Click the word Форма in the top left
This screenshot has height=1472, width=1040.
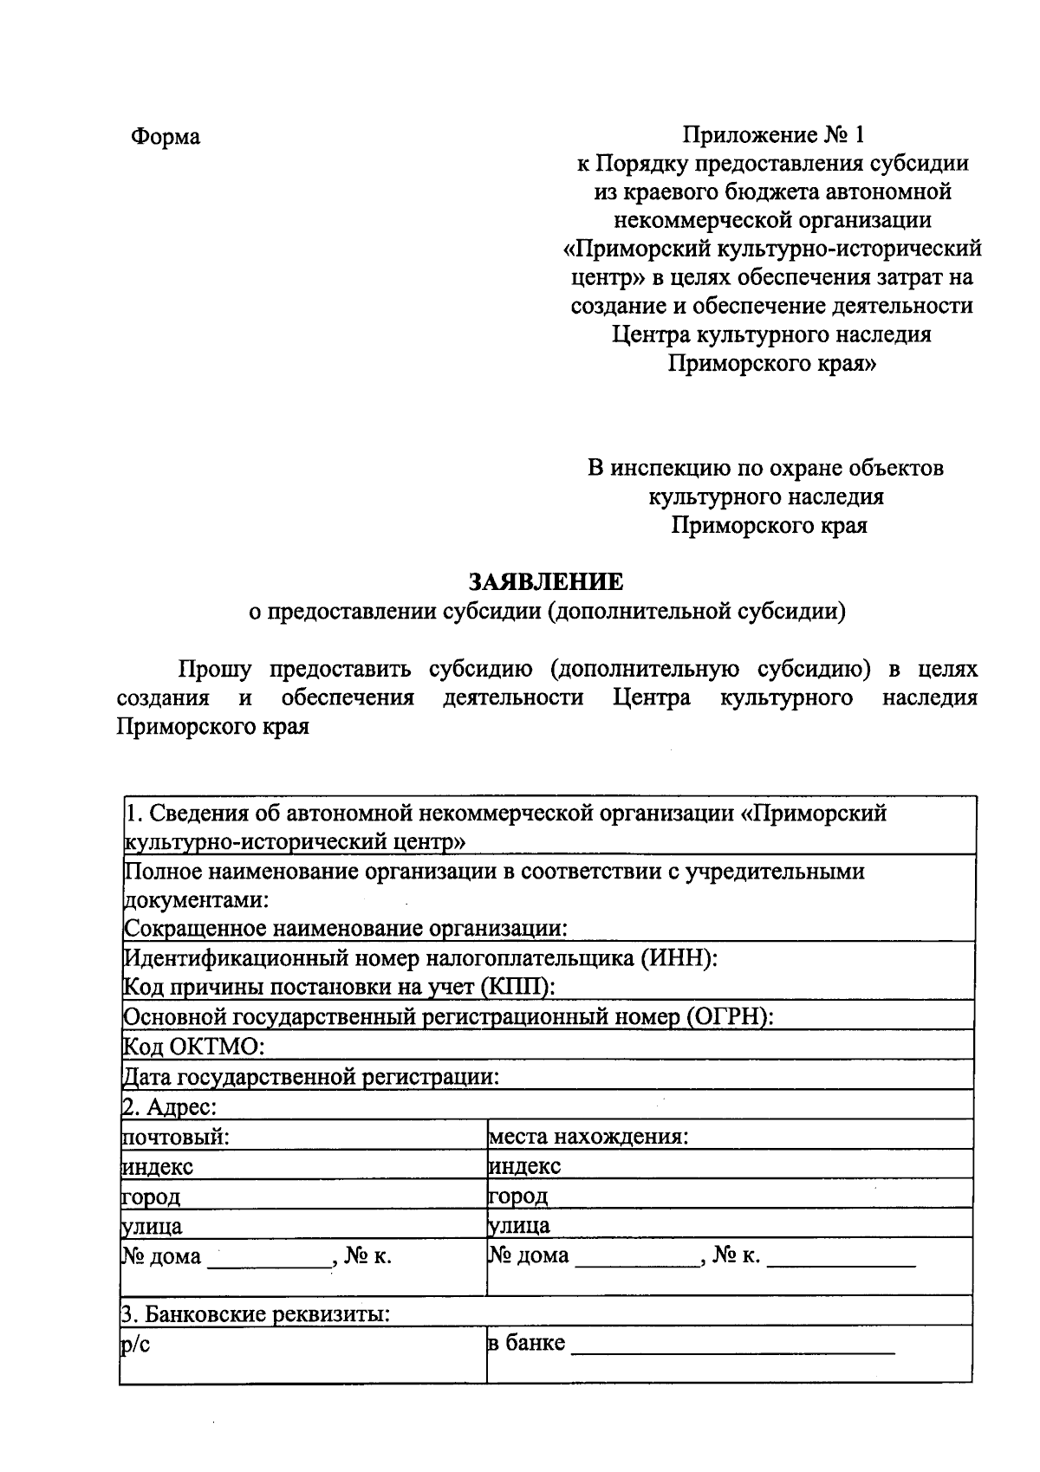coord(166,137)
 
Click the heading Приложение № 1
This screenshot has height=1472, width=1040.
coord(773,134)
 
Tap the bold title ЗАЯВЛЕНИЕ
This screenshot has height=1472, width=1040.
coord(546,580)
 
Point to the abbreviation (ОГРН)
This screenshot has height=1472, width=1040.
coord(728,1017)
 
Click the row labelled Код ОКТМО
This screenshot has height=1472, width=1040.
coord(192,1047)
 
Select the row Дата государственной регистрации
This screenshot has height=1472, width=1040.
coord(310,1077)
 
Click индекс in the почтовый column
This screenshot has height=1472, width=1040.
coord(157,1167)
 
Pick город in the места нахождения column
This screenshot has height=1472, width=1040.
coord(517,1196)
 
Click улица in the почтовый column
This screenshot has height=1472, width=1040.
coord(152,1226)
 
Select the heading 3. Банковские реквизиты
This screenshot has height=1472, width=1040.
coord(255,1315)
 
